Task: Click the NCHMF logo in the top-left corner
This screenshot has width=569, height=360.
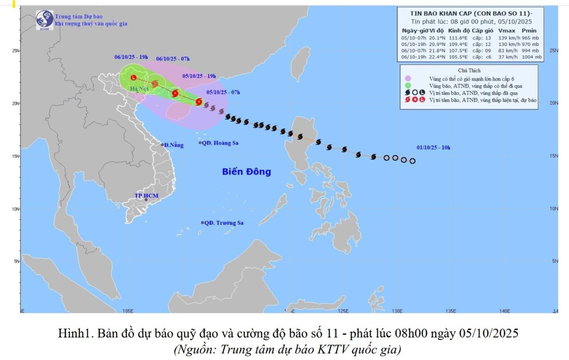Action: (44, 19)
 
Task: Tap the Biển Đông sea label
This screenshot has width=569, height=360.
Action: (246, 172)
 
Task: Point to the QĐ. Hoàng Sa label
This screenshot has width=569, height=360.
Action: (220, 143)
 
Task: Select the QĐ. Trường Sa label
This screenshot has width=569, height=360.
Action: (223, 223)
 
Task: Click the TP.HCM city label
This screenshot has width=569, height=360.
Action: (146, 196)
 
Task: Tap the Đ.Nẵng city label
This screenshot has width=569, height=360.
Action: (173, 145)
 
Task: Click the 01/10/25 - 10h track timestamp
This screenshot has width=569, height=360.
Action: (433, 147)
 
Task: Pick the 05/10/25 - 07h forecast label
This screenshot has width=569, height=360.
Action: (223, 92)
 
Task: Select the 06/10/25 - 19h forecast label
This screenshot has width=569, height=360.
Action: (131, 57)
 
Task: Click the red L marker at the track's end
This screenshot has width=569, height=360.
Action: (134, 77)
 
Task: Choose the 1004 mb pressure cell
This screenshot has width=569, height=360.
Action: (532, 57)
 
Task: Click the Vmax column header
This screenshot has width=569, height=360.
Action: (506, 30)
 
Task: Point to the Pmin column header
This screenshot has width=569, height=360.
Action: (529, 30)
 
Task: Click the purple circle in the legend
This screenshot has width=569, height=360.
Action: (408, 79)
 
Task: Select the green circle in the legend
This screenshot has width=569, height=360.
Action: (408, 85)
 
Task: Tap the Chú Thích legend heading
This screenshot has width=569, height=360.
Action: (469, 70)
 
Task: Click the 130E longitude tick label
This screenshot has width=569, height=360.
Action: (397, 311)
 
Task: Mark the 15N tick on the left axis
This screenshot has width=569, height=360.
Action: (16, 156)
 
